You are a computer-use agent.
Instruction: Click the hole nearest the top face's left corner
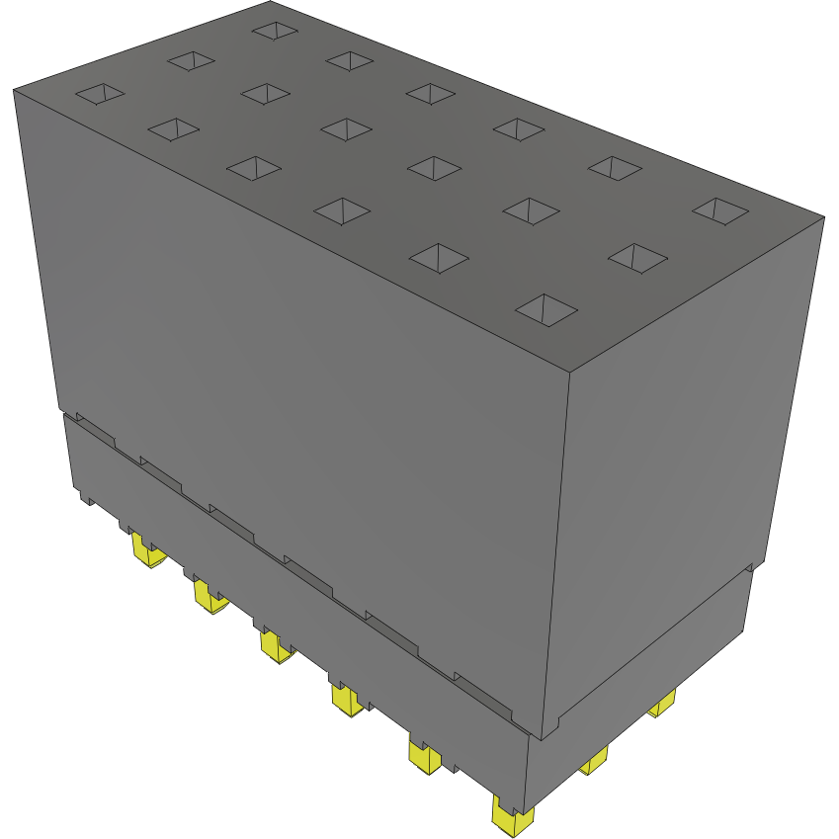coord(100,94)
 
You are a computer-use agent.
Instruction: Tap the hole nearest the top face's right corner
coord(719,210)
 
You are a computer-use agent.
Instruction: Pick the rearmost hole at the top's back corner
coord(274,31)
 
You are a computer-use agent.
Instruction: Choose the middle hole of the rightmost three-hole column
coord(637,258)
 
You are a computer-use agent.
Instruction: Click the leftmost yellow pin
coord(148,553)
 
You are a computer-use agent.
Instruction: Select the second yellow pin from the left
coord(209,597)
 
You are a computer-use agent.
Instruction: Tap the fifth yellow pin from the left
coord(425,759)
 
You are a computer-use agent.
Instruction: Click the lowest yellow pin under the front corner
coord(513,819)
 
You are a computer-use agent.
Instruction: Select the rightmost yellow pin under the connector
coord(662,704)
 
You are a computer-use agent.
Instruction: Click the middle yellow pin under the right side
coord(593,761)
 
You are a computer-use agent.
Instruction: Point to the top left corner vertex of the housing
coord(14,90)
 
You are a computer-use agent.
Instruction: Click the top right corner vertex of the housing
coord(823,216)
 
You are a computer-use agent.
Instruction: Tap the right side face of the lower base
coord(642,692)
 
